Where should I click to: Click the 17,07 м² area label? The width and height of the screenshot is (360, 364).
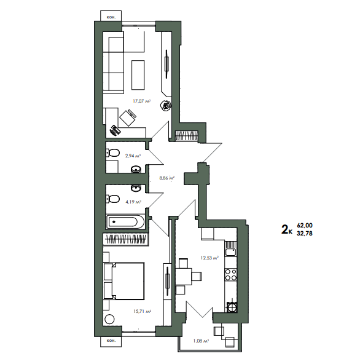(142, 101)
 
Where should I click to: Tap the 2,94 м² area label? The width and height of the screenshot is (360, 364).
(133, 156)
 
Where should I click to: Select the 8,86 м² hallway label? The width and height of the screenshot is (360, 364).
(166, 178)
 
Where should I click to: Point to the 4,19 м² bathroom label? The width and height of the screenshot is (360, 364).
(133, 202)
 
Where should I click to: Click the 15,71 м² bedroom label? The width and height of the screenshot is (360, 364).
(143, 311)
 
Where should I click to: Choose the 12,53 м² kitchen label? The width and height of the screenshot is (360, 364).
(209, 258)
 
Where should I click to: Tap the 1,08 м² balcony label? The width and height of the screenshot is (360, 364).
(201, 341)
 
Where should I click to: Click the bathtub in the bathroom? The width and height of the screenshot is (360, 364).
(125, 222)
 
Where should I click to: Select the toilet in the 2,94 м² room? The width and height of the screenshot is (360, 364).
(113, 152)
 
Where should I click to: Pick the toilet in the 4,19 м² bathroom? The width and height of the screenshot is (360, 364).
(113, 199)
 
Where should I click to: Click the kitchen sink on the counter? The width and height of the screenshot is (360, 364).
(230, 252)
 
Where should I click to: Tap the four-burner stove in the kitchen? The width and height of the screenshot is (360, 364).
(230, 274)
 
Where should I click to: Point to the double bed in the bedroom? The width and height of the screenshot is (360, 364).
(124, 281)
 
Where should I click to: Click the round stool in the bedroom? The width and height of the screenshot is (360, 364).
(109, 319)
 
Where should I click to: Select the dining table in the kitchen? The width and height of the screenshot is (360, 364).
(184, 277)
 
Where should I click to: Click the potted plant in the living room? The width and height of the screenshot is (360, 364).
(166, 106)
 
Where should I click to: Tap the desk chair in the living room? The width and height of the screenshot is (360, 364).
(128, 117)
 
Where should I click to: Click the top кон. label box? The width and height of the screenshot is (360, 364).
(111, 17)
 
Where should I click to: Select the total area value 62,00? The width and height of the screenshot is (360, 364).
(305, 225)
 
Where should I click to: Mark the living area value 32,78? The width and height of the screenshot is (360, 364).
(305, 233)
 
